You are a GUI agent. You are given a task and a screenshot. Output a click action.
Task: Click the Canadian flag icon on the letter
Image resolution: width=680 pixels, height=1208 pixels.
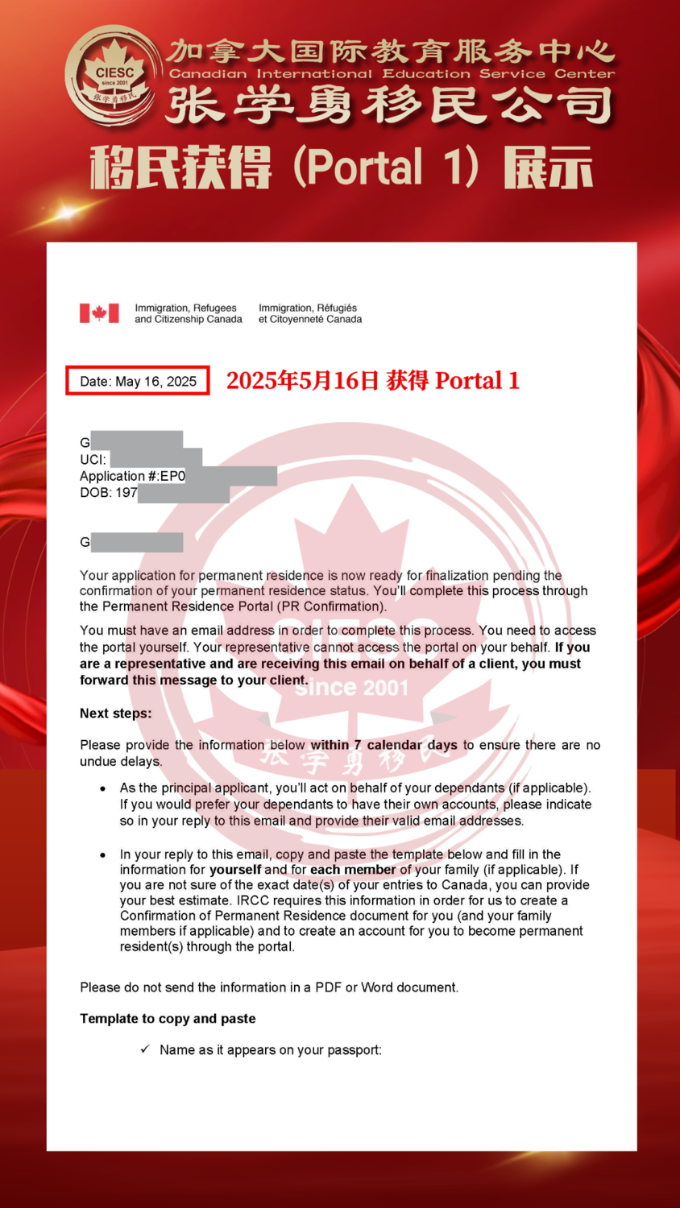[x=99, y=313]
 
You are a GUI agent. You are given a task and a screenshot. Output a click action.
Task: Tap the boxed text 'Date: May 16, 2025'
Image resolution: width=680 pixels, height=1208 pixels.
[x=138, y=381]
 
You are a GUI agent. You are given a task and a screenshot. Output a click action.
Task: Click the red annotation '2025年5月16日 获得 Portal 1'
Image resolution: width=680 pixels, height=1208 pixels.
[x=372, y=380]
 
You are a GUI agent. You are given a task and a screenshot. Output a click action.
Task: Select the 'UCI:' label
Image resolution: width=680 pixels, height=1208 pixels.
[x=93, y=460]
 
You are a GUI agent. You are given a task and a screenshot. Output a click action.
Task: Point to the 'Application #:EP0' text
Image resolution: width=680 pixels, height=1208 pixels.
[x=132, y=476]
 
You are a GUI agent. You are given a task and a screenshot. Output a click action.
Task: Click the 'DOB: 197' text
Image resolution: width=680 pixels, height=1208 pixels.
[x=108, y=493]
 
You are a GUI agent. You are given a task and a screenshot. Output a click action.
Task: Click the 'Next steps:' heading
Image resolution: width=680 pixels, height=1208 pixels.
[x=115, y=713]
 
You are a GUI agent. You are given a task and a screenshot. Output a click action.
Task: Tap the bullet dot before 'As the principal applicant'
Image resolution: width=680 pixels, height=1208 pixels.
[x=102, y=788]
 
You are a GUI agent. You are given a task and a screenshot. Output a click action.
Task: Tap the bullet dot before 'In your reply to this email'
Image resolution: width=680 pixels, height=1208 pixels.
[x=102, y=854]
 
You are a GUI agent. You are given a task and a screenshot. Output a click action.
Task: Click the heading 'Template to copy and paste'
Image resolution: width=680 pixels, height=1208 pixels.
[x=168, y=1019]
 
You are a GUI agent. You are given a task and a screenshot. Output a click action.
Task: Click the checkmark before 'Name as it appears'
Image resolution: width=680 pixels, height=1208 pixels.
[x=145, y=1049]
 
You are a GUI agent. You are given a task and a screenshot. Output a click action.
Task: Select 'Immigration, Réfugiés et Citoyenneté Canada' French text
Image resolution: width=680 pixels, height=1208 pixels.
[x=310, y=314]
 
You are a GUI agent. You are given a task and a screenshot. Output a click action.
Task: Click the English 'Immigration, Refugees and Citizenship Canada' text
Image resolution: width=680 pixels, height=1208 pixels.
[x=188, y=314]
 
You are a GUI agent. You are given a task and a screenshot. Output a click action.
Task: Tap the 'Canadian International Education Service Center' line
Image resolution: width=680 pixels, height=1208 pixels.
[x=392, y=74]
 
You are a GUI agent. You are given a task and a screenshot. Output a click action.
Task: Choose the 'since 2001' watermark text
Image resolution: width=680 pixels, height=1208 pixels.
[x=351, y=688]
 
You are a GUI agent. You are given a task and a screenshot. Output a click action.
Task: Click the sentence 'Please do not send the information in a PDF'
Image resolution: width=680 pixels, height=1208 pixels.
[x=269, y=987]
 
